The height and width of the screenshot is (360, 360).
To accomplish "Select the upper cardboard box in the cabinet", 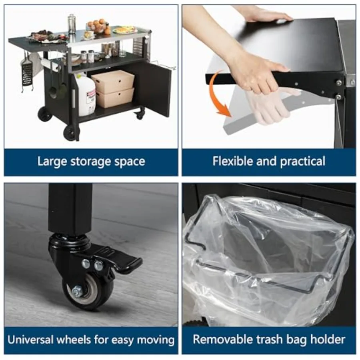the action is click(x=113, y=82).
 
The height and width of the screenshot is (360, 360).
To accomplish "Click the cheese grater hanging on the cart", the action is click(x=27, y=74).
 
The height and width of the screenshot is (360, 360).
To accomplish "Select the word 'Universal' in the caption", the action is click(x=30, y=339).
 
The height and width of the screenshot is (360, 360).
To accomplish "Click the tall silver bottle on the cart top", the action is click(x=72, y=24).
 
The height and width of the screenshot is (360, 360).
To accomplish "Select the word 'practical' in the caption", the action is click(x=303, y=162).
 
